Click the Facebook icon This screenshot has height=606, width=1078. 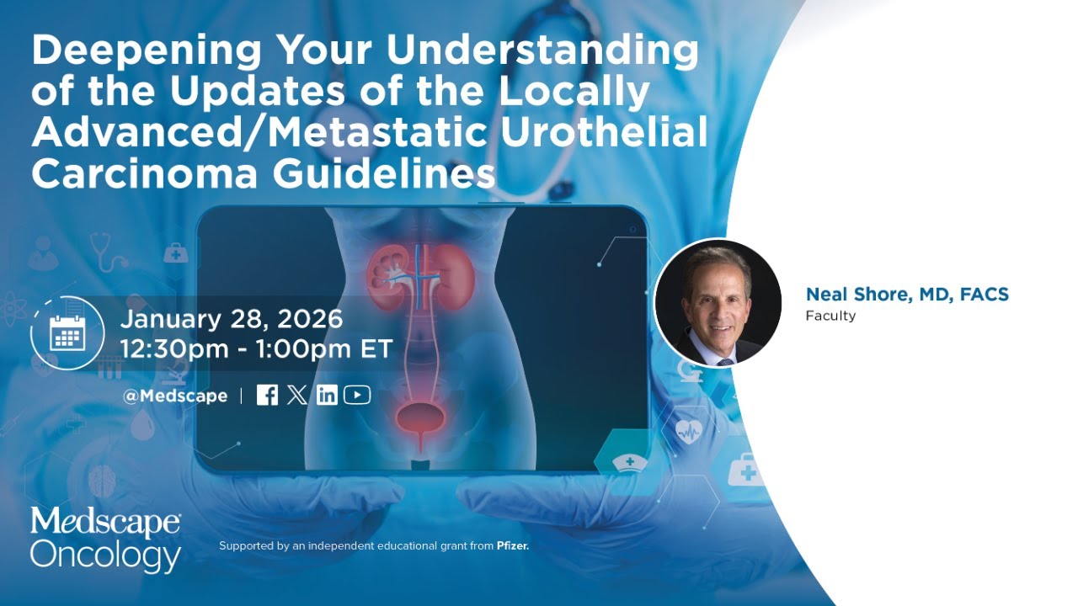click(267, 395)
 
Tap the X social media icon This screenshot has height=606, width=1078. click(296, 395)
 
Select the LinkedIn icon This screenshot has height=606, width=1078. click(327, 395)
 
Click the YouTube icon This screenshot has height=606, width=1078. click(357, 395)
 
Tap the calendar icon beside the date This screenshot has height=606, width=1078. click(67, 333)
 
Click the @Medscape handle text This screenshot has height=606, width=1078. click(175, 396)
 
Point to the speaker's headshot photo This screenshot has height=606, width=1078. click(718, 303)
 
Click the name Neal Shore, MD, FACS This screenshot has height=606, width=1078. click(907, 295)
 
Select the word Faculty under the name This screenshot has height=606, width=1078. click(830, 316)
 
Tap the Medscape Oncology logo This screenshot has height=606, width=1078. click(106, 540)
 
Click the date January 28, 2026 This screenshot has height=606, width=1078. click(232, 320)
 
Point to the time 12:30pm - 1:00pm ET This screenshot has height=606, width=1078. click(257, 349)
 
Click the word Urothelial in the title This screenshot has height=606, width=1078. click(627, 132)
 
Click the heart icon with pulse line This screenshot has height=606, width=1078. click(688, 432)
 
